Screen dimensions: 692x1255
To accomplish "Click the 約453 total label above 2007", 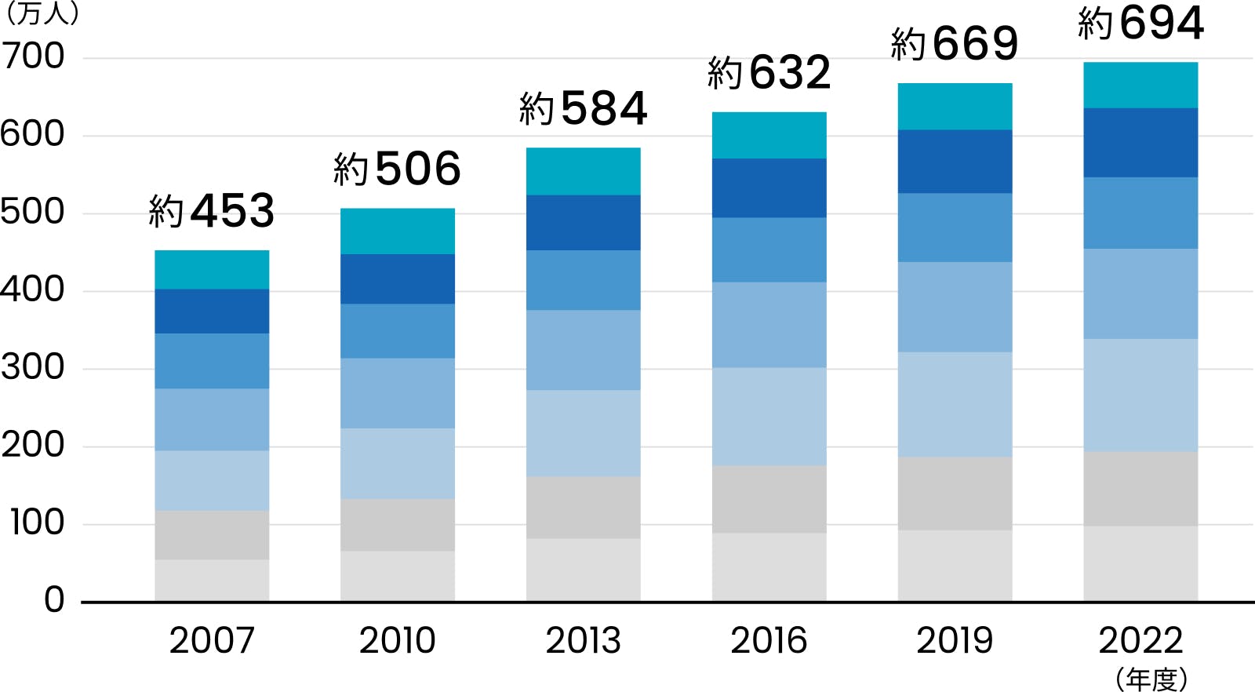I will [212, 210].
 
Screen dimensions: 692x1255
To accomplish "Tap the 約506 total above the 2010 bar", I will [397, 169].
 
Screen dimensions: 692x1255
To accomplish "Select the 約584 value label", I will [583, 108].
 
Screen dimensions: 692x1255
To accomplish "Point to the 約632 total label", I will [769, 73].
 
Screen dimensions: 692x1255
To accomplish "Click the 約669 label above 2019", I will [955, 43].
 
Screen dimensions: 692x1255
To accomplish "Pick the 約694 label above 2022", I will [1140, 23].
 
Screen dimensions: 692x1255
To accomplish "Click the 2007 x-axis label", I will [212, 640].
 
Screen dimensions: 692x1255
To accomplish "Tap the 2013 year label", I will [583, 640].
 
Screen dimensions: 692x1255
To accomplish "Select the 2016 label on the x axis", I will [769, 640].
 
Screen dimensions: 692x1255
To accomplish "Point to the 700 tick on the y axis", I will [33, 56].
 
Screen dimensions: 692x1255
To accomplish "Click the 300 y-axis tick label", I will [33, 367].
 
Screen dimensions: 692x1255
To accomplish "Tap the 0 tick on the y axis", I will [54, 600].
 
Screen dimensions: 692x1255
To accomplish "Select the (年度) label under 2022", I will [1151, 679].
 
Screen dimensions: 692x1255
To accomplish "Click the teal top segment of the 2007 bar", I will [212, 269].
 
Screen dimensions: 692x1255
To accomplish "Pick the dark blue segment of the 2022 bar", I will [1140, 142].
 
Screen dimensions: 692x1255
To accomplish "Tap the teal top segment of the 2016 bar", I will [769, 135].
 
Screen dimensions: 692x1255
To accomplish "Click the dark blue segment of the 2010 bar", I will [397, 279].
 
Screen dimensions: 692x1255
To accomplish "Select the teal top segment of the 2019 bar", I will [955, 106].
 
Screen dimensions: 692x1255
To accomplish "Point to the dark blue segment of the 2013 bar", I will [583, 222].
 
